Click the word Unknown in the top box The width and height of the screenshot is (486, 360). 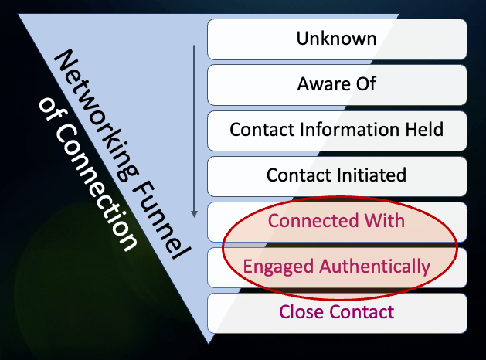tap(337, 39)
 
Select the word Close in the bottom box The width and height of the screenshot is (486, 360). tap(300, 312)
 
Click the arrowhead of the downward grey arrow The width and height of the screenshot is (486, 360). tap(194, 215)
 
